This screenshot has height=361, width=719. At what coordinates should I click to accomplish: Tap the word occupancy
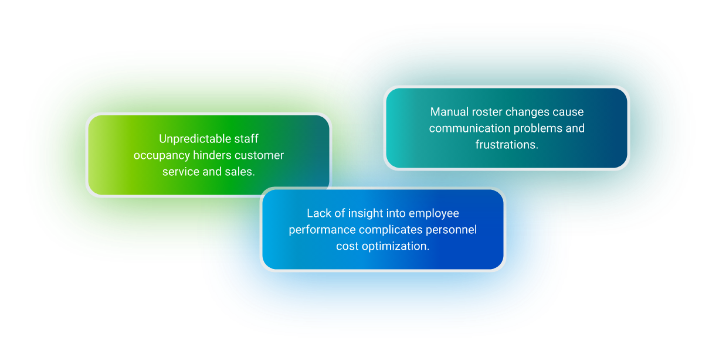pos(162,156)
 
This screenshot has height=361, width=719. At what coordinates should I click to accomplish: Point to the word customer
pos(259,156)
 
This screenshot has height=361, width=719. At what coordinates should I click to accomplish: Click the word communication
pos(470,128)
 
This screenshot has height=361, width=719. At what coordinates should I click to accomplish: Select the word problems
pos(538,129)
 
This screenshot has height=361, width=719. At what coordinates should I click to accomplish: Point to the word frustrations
pos(507,145)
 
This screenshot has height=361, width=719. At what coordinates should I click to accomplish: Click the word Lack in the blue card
pos(319,213)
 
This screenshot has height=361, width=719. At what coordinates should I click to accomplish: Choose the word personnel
pos(452,230)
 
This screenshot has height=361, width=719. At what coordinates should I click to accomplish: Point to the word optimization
pos(395,247)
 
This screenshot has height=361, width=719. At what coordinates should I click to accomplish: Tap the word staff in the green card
pos(246,139)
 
